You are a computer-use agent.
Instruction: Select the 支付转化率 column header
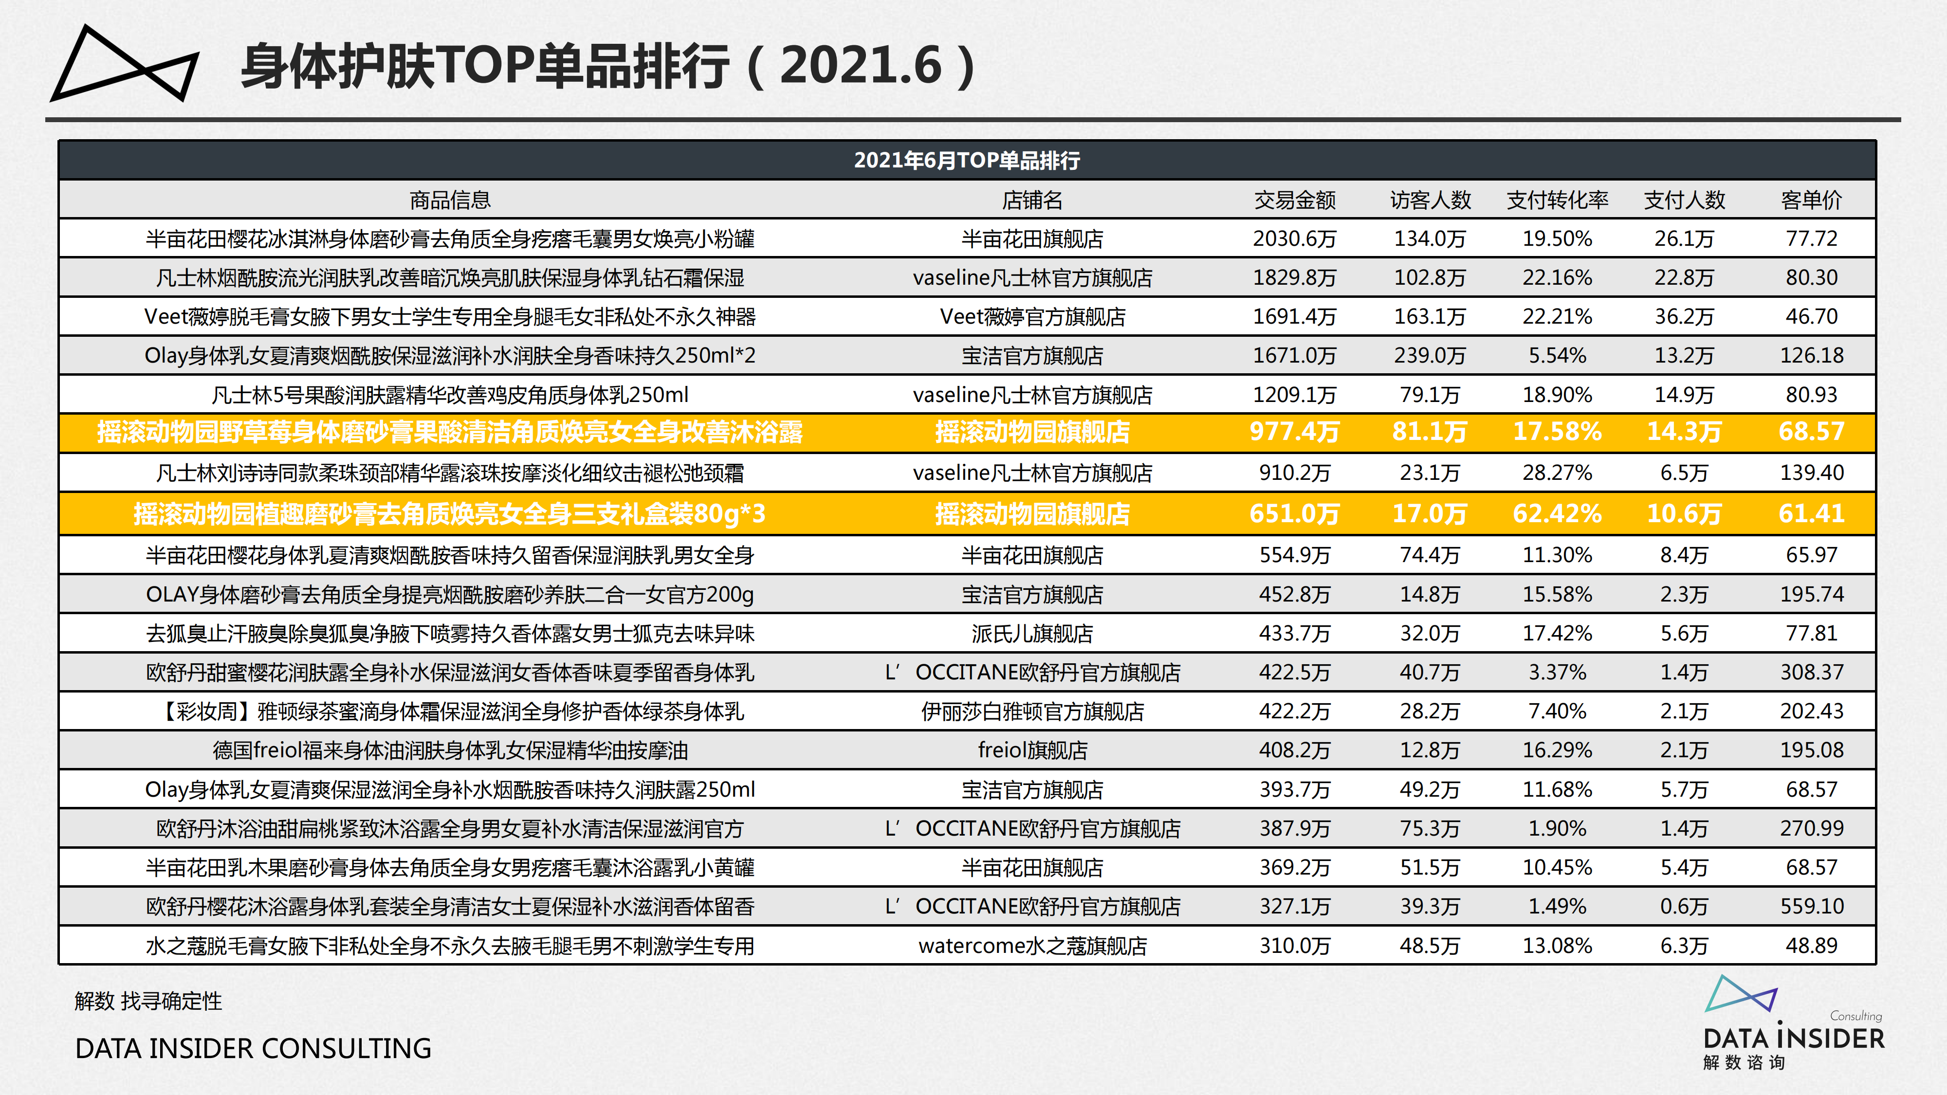(1557, 200)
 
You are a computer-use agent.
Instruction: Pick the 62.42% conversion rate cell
(1557, 514)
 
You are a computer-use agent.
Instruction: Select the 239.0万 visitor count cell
(1429, 355)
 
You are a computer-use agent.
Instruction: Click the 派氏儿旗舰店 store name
(1032, 633)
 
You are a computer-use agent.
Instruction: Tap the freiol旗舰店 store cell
(1032, 750)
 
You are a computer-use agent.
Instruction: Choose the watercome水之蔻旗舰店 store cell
(1032, 946)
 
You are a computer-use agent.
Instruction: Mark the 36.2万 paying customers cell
(1684, 317)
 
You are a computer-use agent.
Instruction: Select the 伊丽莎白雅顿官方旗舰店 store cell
(1032, 711)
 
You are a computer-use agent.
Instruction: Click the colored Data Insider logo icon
(1740, 994)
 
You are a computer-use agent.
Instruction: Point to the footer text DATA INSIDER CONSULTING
(253, 1048)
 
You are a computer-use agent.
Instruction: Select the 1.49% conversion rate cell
(1557, 906)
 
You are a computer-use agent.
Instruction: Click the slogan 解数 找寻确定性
(148, 1001)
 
